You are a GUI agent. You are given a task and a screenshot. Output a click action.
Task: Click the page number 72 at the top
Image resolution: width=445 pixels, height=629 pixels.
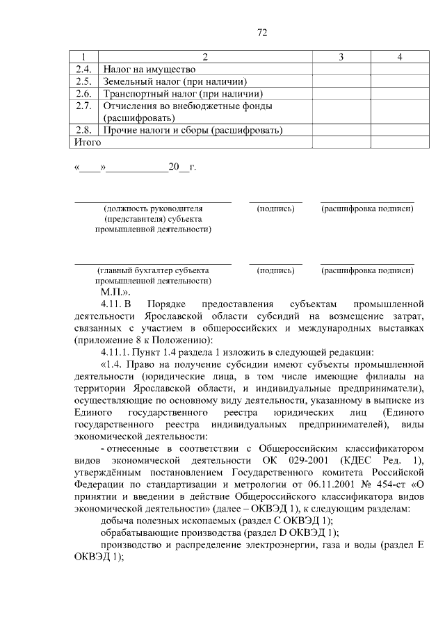pos(262,33)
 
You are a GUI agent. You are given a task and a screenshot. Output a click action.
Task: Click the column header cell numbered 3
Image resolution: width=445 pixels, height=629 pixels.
pos(341,56)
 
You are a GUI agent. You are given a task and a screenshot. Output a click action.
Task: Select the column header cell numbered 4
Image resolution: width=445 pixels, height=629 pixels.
pos(399,56)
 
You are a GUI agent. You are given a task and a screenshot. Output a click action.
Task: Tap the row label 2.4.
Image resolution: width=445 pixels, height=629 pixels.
pos(83,69)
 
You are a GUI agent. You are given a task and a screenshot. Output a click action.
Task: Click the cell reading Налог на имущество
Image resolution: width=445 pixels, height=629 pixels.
pos(149,69)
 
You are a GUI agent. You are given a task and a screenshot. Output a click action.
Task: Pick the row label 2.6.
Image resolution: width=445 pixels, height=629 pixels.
pos(83,93)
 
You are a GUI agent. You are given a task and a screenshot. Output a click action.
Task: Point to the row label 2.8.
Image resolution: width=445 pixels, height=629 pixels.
pos(83,130)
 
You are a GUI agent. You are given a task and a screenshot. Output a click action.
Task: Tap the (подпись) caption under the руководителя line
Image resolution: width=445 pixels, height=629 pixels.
pos(275,208)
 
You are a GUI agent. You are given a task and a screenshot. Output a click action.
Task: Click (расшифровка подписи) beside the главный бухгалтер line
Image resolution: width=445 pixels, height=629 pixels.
pos(367,270)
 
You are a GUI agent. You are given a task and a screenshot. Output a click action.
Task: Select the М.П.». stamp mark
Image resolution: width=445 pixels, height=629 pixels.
pos(116,293)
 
